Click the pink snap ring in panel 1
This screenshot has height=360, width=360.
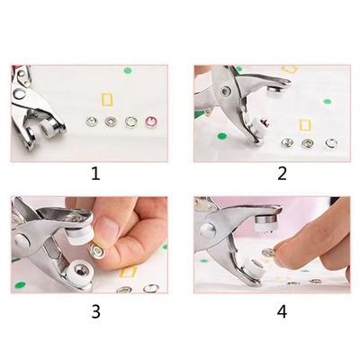click(x=152, y=121)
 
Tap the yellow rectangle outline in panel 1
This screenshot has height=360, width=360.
click(x=111, y=98)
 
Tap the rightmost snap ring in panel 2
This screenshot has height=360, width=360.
click(x=331, y=143)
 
